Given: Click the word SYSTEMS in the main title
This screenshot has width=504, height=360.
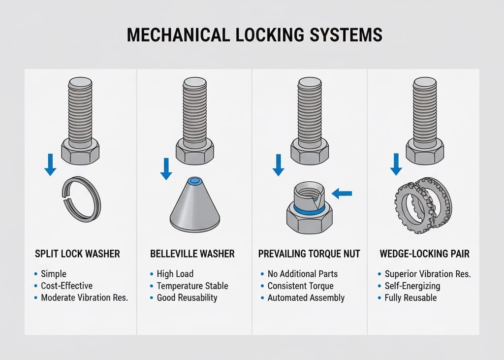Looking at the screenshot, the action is pos(346,35).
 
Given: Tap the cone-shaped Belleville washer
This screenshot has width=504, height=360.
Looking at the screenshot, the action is pos(195,206).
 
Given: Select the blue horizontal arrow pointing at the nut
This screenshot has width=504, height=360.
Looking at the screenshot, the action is pos(342,194).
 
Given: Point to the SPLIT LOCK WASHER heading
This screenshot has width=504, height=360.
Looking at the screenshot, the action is pos(77,254).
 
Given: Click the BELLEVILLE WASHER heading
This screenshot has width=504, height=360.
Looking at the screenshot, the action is pos(192,254).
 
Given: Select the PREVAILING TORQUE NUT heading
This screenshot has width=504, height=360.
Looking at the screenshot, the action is pos(309,254).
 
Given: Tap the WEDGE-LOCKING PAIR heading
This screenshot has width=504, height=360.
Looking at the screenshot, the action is pos(425,254).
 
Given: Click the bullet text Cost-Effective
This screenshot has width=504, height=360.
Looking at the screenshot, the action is pos(66,286).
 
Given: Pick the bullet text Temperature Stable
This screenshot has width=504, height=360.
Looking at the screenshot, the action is pos(192,286).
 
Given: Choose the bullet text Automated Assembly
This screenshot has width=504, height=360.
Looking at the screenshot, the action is pos(306,297).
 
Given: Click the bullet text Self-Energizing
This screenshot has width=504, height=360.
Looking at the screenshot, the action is pos(412,286).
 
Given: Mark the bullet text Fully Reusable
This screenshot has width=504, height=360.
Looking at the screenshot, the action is pos(411,297).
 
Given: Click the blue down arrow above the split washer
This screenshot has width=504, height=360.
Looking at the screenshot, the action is pos(50,164).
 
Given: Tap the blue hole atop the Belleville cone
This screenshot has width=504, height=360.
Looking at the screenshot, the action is pos(195,181).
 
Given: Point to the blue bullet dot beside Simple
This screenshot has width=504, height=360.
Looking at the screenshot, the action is pos(35,274).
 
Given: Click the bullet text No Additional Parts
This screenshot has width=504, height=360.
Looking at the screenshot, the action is pos(303,274).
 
